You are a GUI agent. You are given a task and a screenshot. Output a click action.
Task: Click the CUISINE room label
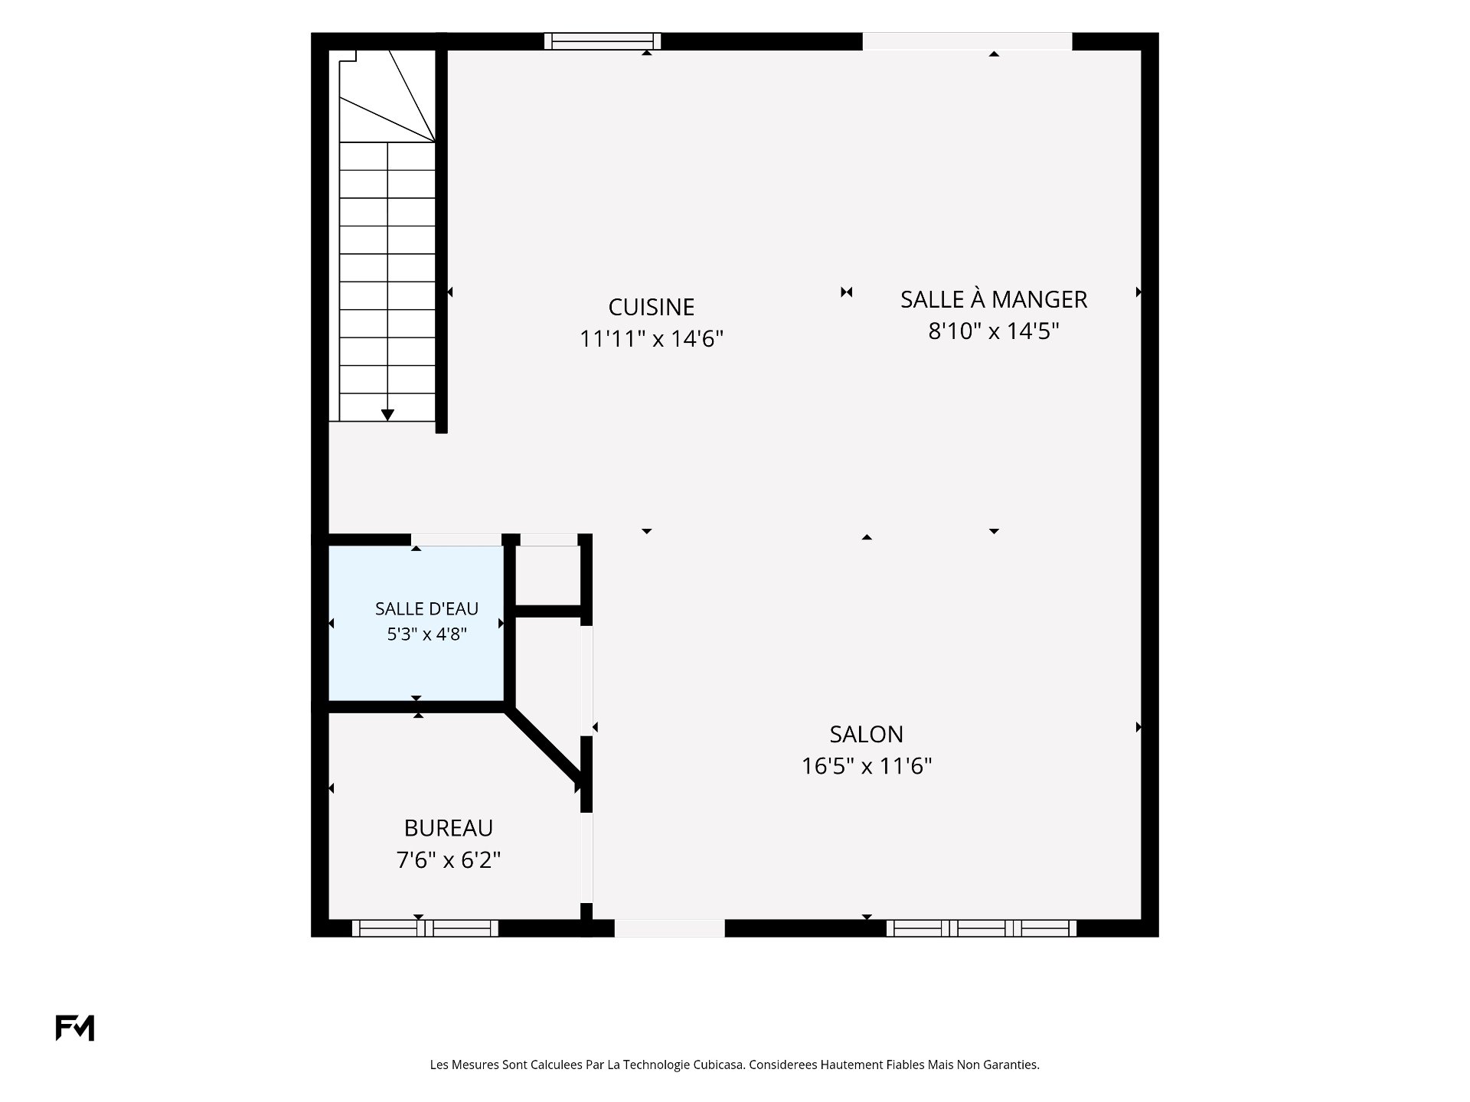[x=651, y=307]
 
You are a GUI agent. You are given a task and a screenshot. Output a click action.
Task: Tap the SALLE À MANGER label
[x=993, y=298]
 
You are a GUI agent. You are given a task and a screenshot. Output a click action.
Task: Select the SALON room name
[x=866, y=734]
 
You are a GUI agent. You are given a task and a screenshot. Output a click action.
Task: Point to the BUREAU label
[x=448, y=828]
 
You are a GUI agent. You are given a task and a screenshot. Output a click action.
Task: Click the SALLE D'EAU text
[x=426, y=608]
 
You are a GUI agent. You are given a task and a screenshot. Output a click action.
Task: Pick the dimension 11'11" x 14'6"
[x=651, y=338]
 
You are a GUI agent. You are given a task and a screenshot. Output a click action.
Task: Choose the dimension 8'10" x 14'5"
[x=993, y=331]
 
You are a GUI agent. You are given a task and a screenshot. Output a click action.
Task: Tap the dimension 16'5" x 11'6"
[x=866, y=766]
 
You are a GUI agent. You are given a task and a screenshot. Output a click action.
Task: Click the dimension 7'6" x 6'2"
[x=448, y=860]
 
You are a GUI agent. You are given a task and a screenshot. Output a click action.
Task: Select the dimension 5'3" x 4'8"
[x=426, y=634]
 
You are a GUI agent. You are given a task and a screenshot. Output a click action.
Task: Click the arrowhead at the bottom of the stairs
[x=387, y=415]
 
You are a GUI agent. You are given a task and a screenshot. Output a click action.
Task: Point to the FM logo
[x=74, y=1028]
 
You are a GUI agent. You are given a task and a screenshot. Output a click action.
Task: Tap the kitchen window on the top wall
[x=603, y=41]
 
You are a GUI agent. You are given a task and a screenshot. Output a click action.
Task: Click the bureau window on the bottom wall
[x=425, y=928]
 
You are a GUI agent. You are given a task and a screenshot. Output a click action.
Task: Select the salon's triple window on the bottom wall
[x=982, y=928]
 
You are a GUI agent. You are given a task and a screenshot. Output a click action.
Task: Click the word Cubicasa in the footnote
[x=718, y=1065]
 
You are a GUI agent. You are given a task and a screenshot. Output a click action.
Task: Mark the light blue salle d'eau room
[x=416, y=622]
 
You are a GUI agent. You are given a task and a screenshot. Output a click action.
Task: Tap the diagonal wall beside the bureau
[x=545, y=748]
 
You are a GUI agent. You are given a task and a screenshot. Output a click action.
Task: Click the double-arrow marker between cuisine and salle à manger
[x=846, y=292]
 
